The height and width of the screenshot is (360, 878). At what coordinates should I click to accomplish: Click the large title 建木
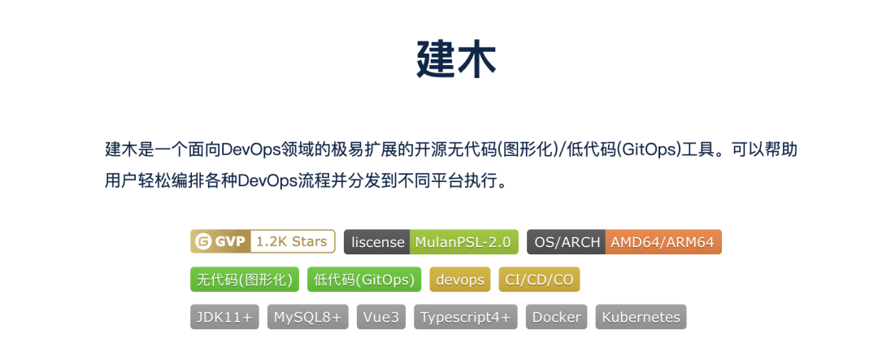coord(455,59)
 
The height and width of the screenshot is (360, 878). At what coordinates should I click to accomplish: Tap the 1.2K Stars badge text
coord(292,241)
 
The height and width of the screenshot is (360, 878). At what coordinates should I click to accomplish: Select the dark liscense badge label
coord(377,242)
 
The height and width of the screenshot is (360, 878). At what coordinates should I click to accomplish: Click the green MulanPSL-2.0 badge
coord(463,242)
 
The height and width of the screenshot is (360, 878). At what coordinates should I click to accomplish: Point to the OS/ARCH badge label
coord(567,242)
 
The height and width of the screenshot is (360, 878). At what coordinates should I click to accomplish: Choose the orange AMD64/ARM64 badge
coord(663,242)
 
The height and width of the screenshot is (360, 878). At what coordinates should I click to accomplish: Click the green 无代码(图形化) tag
coord(245,280)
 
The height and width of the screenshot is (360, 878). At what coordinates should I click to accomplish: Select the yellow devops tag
coord(460,280)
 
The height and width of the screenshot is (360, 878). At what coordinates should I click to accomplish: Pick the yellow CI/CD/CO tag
coord(539,280)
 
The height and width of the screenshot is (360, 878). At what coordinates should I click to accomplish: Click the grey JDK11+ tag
coord(225,317)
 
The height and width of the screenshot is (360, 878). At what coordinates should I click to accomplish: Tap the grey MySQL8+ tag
coord(308,317)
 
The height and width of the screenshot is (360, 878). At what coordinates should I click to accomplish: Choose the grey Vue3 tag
coord(381,317)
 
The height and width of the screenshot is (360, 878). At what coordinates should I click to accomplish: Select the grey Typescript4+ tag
coord(466,317)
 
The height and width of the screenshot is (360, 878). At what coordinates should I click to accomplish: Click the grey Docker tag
coord(557,317)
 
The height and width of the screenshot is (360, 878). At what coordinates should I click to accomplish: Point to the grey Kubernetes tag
coord(641,317)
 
